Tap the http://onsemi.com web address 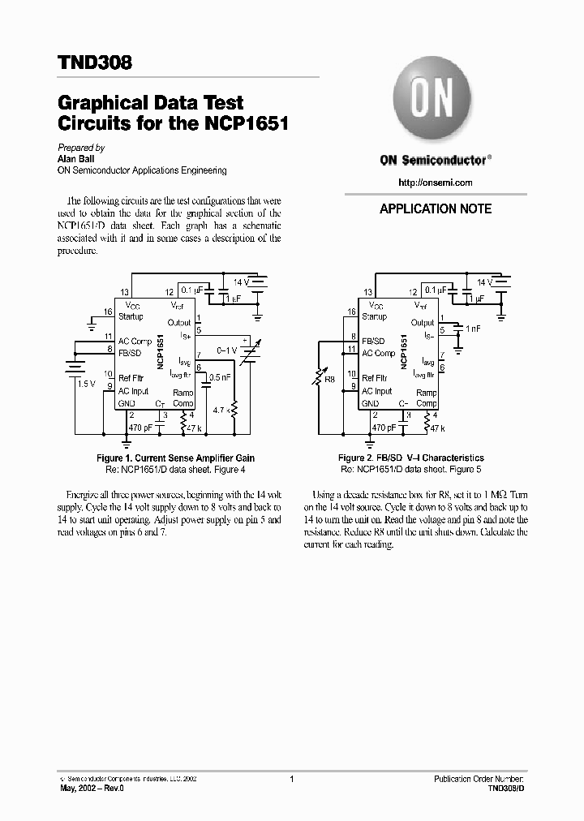click(x=436, y=183)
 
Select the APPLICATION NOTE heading click(x=436, y=208)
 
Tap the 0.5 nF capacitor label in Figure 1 click(x=219, y=377)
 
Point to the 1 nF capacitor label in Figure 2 click(x=473, y=329)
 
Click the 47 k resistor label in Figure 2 click(x=438, y=427)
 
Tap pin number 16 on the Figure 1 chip click(x=107, y=312)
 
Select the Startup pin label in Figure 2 click(x=374, y=316)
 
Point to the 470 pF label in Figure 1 click(x=141, y=427)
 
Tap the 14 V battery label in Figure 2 click(x=484, y=282)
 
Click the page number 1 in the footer click(x=291, y=779)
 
